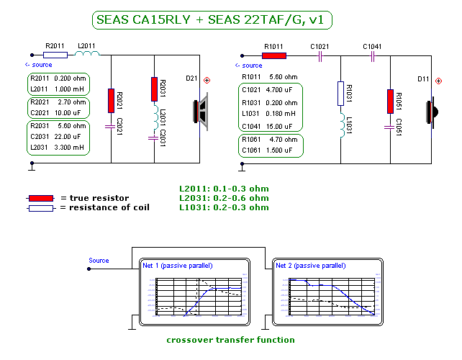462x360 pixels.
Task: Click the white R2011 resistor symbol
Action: tap(55, 55)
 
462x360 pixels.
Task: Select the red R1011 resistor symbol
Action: tap(274, 55)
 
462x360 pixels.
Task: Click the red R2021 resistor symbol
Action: tap(112, 100)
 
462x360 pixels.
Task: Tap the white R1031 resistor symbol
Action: tap(341, 93)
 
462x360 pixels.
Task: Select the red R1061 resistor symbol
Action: tap(391, 101)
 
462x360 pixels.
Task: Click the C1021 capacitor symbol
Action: tap(319, 55)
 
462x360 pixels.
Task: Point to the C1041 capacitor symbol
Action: tap(371, 55)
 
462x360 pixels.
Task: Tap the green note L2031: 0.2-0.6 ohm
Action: tap(224, 198)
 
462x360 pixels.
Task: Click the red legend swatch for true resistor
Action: tap(40, 198)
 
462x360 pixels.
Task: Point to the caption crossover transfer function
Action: tap(230, 339)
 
